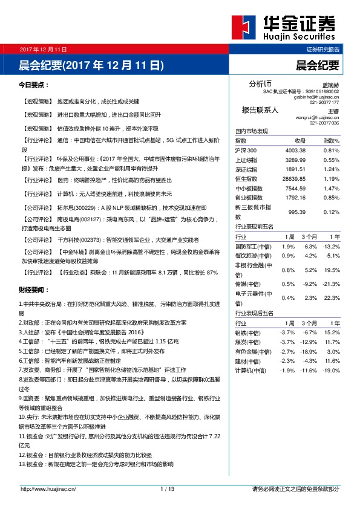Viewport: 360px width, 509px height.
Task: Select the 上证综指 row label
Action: click(246, 160)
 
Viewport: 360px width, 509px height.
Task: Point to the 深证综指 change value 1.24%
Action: click(331, 169)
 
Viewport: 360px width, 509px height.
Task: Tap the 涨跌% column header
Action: click(330, 141)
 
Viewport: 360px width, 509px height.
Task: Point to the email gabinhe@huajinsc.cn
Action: click(316, 97)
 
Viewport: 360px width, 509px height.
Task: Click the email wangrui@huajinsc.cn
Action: click(317, 117)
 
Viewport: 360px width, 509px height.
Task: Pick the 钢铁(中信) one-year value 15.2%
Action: click(332, 332)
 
